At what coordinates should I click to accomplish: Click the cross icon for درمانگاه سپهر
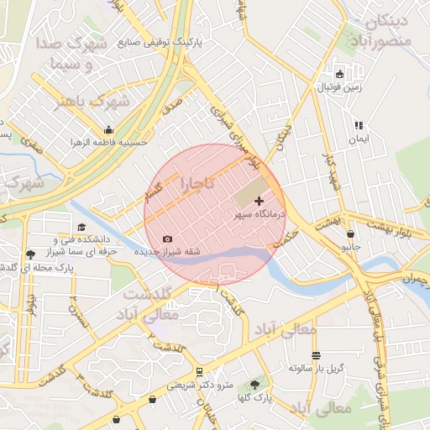[x=258, y=201]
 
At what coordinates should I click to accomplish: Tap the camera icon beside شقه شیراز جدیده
[x=167, y=239]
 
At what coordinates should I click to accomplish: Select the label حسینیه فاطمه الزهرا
[x=109, y=142]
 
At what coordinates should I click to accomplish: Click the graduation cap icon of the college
[x=81, y=227]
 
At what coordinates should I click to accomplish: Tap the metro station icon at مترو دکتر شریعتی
[x=199, y=371]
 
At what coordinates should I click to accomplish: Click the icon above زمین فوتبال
[x=339, y=74]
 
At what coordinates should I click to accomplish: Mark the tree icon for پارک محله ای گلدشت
[x=31, y=254]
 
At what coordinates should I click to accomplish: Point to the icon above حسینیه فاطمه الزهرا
[x=109, y=129]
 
